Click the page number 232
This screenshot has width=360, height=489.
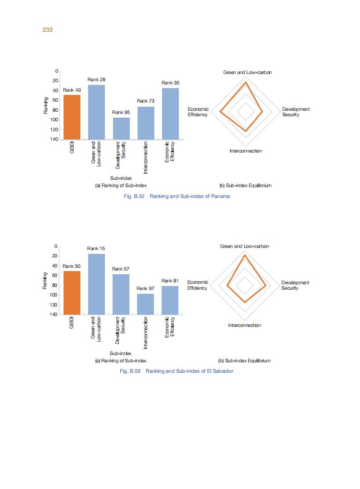pos(48,30)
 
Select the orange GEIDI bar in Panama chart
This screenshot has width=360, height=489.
pos(72,117)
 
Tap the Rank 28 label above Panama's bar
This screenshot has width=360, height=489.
pos(96,80)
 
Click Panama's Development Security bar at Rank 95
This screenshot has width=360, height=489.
pos(121,128)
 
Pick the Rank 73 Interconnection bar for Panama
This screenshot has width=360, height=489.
pos(146,123)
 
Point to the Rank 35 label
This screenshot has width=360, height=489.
pos(170,83)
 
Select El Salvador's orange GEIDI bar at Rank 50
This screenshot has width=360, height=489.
pos(72,292)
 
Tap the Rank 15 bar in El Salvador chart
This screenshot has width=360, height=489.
pos(96,284)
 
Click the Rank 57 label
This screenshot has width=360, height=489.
pos(121,269)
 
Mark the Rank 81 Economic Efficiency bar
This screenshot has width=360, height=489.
pos(170,300)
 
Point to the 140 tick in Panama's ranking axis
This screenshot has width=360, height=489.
pos(54,139)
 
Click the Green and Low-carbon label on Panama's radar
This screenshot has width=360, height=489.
pos(247,73)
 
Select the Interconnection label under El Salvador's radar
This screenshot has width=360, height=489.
pos(245,326)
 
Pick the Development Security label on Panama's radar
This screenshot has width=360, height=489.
pos(296,112)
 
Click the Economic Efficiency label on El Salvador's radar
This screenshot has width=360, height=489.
pos(197,285)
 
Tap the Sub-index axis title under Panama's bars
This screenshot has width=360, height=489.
pos(121,178)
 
